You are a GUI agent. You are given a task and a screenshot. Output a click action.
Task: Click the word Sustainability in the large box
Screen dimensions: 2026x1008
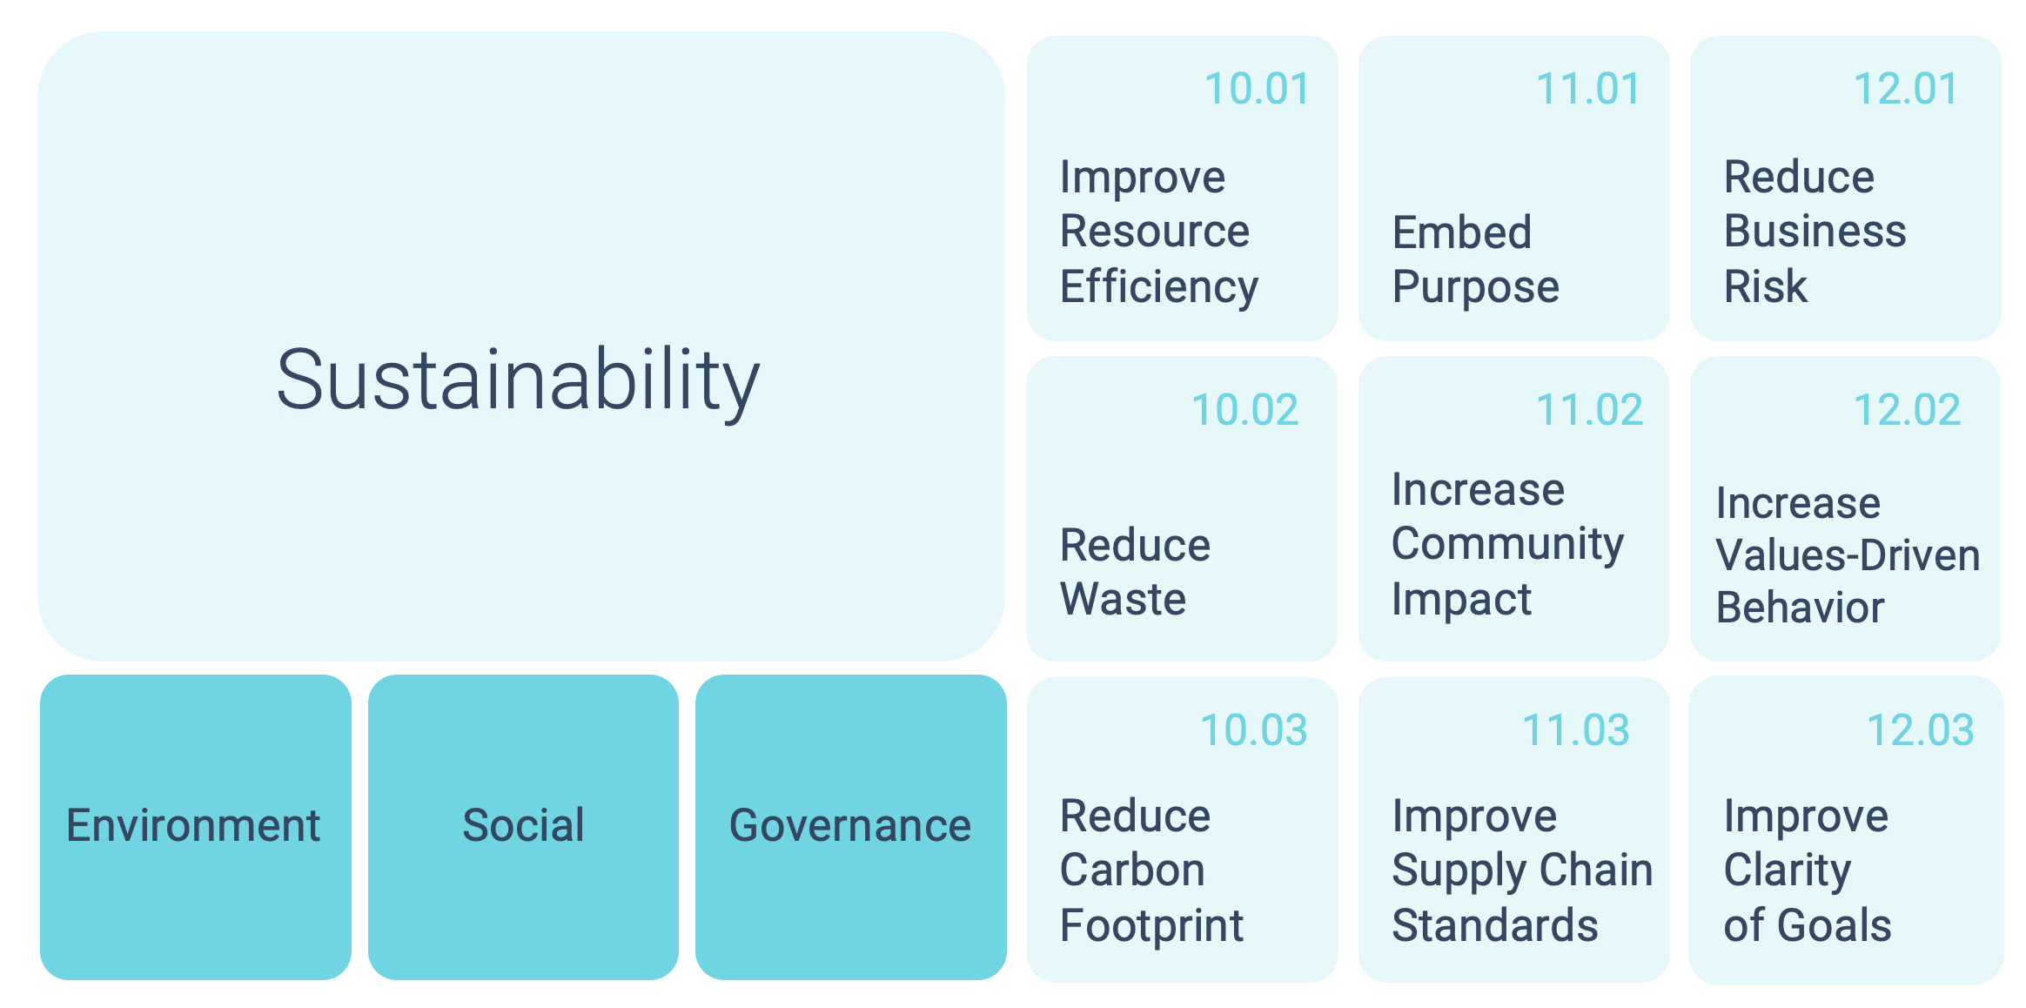point(519,381)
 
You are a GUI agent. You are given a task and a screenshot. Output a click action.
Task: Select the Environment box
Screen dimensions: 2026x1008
point(196,827)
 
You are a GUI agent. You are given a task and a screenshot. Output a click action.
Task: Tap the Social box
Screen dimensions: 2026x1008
point(523,827)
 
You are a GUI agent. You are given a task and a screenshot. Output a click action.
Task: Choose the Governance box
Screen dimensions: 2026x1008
point(851,827)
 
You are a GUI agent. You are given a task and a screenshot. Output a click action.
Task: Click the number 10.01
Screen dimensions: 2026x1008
point(1257,89)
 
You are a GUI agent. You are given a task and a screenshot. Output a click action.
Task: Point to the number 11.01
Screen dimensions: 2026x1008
point(1588,89)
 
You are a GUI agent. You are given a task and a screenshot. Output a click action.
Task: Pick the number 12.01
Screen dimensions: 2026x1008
point(1906,89)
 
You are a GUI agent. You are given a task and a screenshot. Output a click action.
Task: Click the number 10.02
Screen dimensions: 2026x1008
point(1245,410)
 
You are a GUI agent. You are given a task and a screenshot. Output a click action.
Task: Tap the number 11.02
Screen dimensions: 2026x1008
point(1590,410)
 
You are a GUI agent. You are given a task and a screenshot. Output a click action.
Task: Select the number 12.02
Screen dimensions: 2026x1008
point(1908,410)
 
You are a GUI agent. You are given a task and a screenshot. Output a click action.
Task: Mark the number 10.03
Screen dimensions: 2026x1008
point(1254,730)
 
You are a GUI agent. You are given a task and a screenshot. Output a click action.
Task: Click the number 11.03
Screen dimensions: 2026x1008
point(1576,730)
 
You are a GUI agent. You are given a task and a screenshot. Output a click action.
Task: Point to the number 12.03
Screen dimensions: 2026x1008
point(1921,730)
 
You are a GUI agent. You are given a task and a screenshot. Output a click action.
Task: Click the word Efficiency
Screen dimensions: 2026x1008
point(1159,287)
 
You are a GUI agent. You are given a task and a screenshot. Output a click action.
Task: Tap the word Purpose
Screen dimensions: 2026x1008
point(1476,287)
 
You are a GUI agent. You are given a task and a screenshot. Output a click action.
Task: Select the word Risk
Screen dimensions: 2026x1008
point(1766,286)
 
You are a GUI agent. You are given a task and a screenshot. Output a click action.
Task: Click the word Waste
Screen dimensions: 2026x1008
point(1124,599)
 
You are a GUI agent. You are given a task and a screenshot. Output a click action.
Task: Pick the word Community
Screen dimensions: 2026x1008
point(1508,545)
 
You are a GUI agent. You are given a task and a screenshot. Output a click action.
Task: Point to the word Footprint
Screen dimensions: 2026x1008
point(1152,925)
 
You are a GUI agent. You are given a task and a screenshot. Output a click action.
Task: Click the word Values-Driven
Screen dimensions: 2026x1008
point(1848,555)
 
